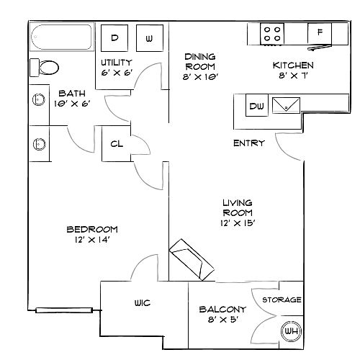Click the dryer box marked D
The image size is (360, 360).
pos(114,38)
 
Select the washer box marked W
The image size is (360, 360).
pos(150,38)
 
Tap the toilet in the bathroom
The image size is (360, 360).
pos(44,68)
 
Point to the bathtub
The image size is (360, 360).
pos(61,37)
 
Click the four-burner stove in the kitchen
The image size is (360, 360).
pos(272,34)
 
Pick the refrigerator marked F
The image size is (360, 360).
pos(320,33)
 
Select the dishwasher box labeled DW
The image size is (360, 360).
pos(257,105)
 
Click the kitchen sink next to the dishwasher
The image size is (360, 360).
pos(286,105)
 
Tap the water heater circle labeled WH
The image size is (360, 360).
pos(292,331)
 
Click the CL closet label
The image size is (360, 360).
pos(117,144)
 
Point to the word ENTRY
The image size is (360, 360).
pos(249,143)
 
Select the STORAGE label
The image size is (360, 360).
pos(282,300)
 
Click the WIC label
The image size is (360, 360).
pos(143,303)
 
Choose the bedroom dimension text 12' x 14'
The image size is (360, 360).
pos(92,240)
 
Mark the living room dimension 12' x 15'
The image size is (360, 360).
pos(238,223)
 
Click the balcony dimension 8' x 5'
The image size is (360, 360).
pos(223,320)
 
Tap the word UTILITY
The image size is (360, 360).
pos(117,63)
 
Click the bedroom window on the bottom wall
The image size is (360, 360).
pos(64,310)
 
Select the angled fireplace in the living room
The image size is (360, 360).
pos(192,260)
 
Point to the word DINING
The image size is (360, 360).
pos(200,57)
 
